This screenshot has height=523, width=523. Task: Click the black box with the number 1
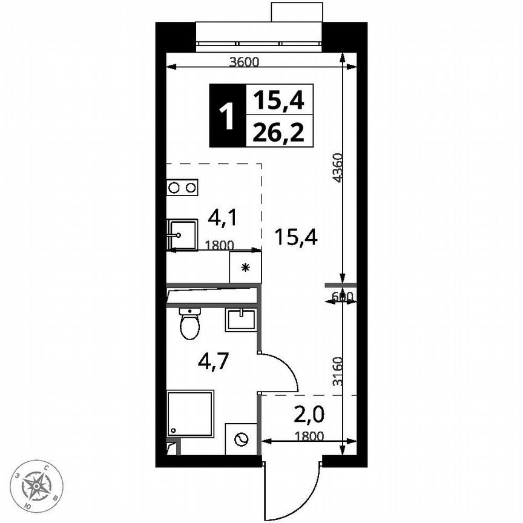click(228, 116)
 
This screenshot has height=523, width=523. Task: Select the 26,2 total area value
click(279, 131)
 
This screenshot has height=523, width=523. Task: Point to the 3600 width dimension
click(245, 61)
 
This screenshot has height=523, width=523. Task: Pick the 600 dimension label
click(342, 296)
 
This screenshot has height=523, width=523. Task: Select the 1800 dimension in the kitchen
click(218, 245)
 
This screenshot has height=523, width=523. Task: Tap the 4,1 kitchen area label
click(222, 217)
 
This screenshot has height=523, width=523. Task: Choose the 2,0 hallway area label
click(310, 415)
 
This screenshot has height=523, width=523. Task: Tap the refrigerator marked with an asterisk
click(245, 268)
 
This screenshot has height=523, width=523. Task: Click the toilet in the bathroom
click(189, 324)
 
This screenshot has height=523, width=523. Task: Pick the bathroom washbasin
click(242, 319)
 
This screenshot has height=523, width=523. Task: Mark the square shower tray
click(190, 413)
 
